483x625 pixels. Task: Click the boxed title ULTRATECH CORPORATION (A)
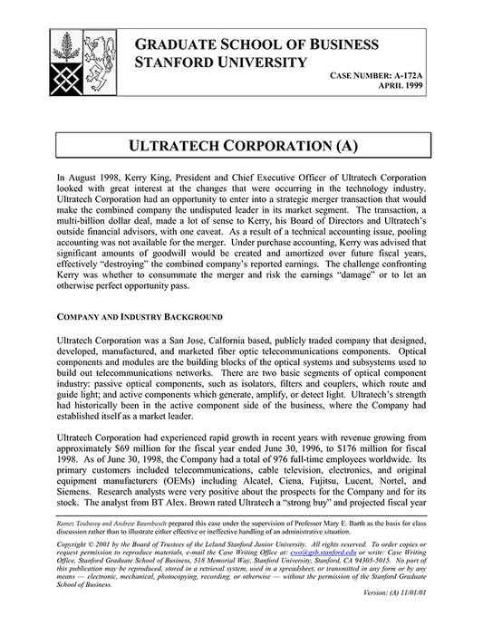pos(241,146)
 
